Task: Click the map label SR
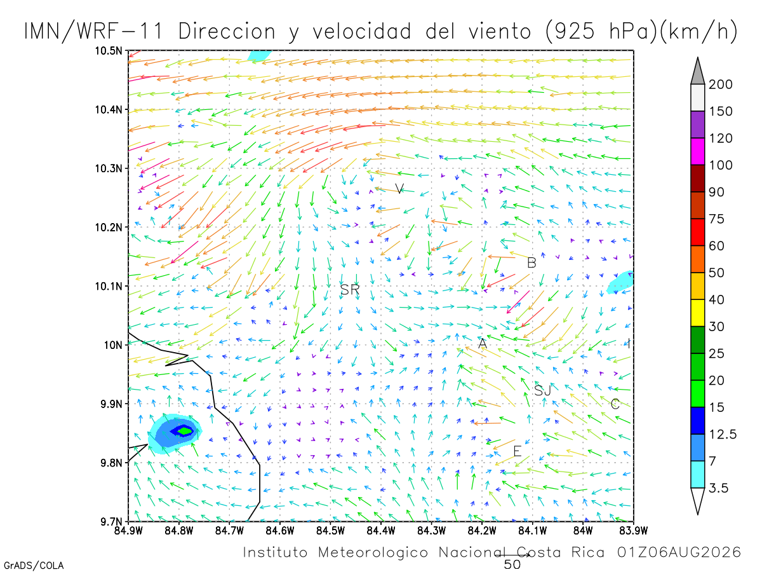[350, 289]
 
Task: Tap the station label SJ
[542, 391]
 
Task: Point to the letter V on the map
[399, 189]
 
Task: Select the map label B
[531, 263]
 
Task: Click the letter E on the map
[518, 451]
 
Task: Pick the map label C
[615, 404]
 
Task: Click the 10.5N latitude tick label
[109, 51]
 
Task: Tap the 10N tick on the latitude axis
[113, 345]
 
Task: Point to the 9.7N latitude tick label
[111, 522]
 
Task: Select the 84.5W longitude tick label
[330, 531]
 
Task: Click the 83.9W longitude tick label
[633, 531]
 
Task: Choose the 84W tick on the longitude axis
[583, 531]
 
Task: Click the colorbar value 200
[720, 85]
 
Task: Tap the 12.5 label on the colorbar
[723, 435]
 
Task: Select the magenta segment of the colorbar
[697, 151]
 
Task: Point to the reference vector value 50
[512, 565]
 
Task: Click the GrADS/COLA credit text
[34, 566]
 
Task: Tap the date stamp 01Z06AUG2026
[679, 552]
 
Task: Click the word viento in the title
[500, 31]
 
